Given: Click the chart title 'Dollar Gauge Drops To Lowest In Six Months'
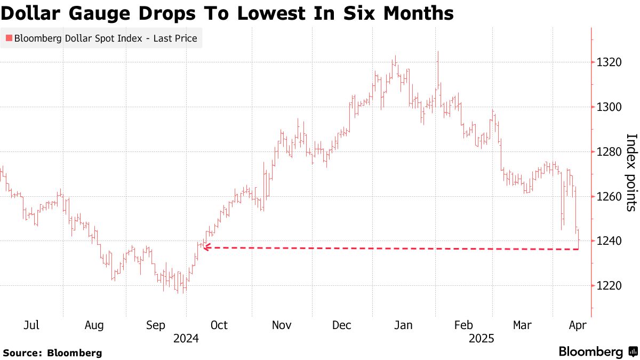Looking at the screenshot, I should pyautogui.click(x=227, y=13).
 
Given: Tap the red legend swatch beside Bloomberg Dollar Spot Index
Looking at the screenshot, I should pyautogui.click(x=9, y=38).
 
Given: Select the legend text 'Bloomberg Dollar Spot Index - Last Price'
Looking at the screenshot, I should pyautogui.click(x=106, y=38).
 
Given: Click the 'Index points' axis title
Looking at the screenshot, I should pyautogui.click(x=630, y=172).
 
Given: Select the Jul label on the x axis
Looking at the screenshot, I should pyautogui.click(x=31, y=325).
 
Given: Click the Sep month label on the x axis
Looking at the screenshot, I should pyautogui.click(x=156, y=325).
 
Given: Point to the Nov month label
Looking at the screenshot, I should pyautogui.click(x=281, y=325).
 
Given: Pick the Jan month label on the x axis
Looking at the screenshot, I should pyautogui.click(x=403, y=325).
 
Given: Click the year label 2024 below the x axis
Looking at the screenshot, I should pyautogui.click(x=186, y=339).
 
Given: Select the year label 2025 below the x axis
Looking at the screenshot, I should pyautogui.click(x=482, y=339).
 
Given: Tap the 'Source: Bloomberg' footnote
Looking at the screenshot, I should pyautogui.click(x=52, y=353).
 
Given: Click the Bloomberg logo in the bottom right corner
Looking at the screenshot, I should pyautogui.click(x=598, y=352).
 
